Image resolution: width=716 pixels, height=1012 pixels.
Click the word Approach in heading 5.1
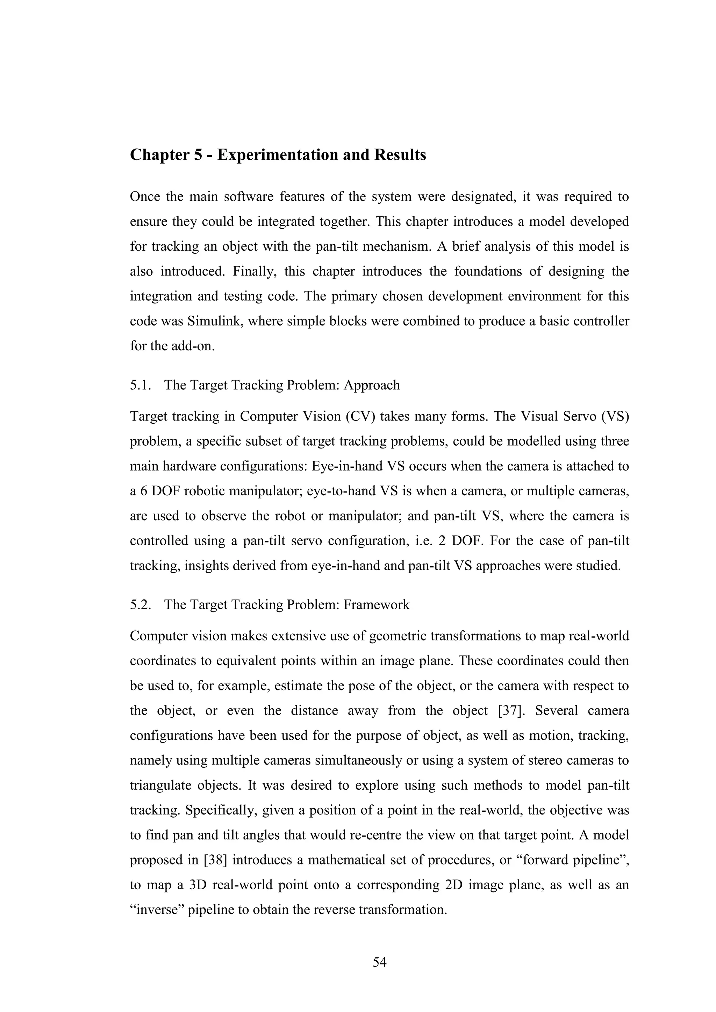coord(372,385)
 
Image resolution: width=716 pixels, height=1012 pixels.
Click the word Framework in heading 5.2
coord(377,605)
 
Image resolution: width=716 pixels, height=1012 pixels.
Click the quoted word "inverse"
coord(156,910)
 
